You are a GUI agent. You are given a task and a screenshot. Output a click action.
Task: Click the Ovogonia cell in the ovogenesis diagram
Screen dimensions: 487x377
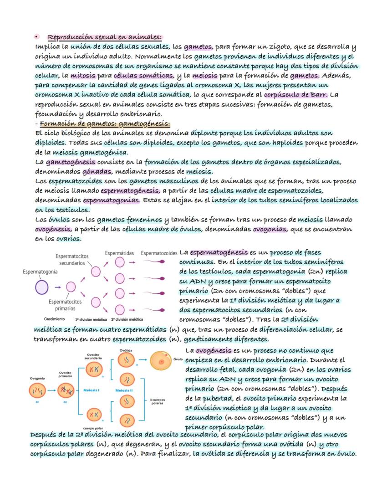pos(37,390)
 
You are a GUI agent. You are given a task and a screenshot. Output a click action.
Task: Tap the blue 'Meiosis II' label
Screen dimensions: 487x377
pos(124,390)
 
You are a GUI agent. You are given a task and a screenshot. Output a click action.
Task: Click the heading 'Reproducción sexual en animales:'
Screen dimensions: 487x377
pos(105,36)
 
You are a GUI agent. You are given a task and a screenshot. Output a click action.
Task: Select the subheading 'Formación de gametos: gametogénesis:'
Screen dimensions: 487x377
pos(105,123)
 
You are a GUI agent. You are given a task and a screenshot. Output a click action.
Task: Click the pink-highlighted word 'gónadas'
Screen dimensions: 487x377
pos(97,171)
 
